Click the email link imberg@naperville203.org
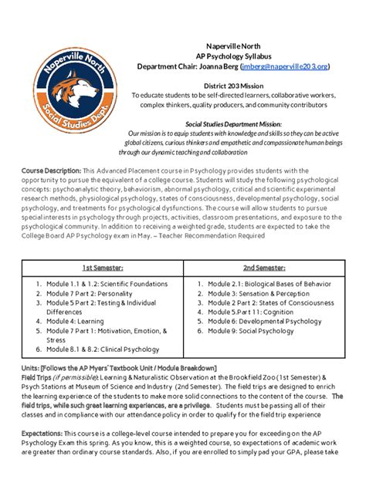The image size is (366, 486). pyautogui.click(x=285, y=67)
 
